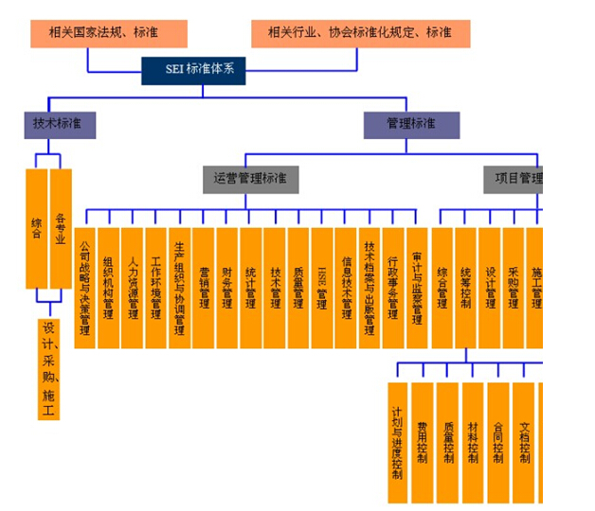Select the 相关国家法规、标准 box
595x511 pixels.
(108, 32)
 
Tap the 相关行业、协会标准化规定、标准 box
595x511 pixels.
(360, 32)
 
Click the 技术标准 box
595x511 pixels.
(60, 125)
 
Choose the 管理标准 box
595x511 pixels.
(411, 125)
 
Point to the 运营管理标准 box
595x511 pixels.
(250, 178)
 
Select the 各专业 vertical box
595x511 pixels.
(61, 227)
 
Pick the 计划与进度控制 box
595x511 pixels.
(398, 442)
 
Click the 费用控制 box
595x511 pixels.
(423, 442)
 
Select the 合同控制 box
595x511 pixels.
(497, 442)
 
